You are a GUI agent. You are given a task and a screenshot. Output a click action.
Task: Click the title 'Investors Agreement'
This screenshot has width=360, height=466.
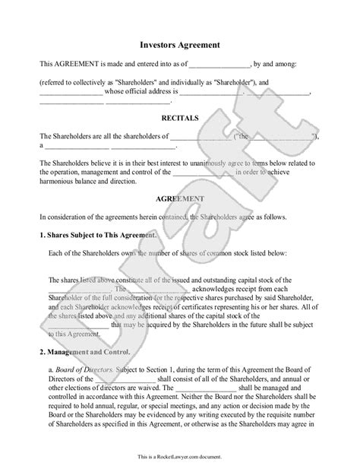pyautogui.click(x=180, y=44)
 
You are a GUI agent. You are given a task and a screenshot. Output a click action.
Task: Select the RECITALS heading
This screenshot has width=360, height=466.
pyautogui.click(x=180, y=119)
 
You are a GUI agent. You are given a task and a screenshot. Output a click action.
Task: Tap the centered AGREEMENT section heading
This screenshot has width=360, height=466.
pyautogui.click(x=180, y=198)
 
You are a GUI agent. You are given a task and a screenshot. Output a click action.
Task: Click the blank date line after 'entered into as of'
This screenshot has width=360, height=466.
pyautogui.click(x=219, y=65)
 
